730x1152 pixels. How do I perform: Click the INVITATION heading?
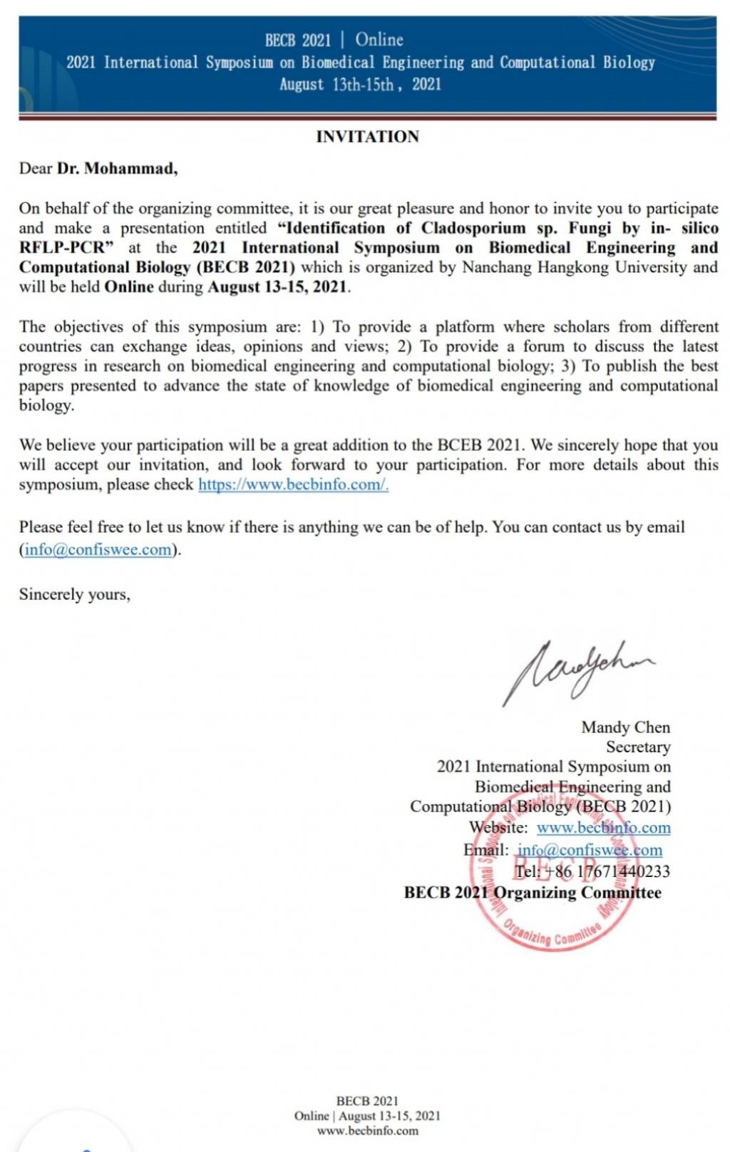pyautogui.click(x=367, y=137)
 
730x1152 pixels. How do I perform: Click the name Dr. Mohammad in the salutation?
pyautogui.click(x=117, y=169)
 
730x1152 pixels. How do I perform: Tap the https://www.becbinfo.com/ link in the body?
pyautogui.click(x=293, y=485)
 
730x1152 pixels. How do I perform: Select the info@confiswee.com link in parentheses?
pyautogui.click(x=98, y=550)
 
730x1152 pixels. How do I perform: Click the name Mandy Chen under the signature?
pyautogui.click(x=625, y=727)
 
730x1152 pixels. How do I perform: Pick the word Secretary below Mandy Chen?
pyautogui.click(x=638, y=747)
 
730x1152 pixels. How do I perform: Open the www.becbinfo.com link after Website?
pyautogui.click(x=603, y=828)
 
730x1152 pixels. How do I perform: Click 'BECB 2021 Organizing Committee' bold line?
pyautogui.click(x=533, y=893)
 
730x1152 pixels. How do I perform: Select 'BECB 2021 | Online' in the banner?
pyautogui.click(x=334, y=40)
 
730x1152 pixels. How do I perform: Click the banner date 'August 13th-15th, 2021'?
pyautogui.click(x=360, y=85)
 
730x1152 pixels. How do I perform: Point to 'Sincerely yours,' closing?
pyautogui.click(x=75, y=595)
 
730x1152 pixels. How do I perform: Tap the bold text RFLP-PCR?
pyautogui.click(x=61, y=248)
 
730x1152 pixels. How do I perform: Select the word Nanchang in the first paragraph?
pyautogui.click(x=495, y=268)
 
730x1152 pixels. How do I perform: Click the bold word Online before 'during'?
pyautogui.click(x=129, y=287)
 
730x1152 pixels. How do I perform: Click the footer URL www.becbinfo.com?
pyautogui.click(x=367, y=1131)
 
